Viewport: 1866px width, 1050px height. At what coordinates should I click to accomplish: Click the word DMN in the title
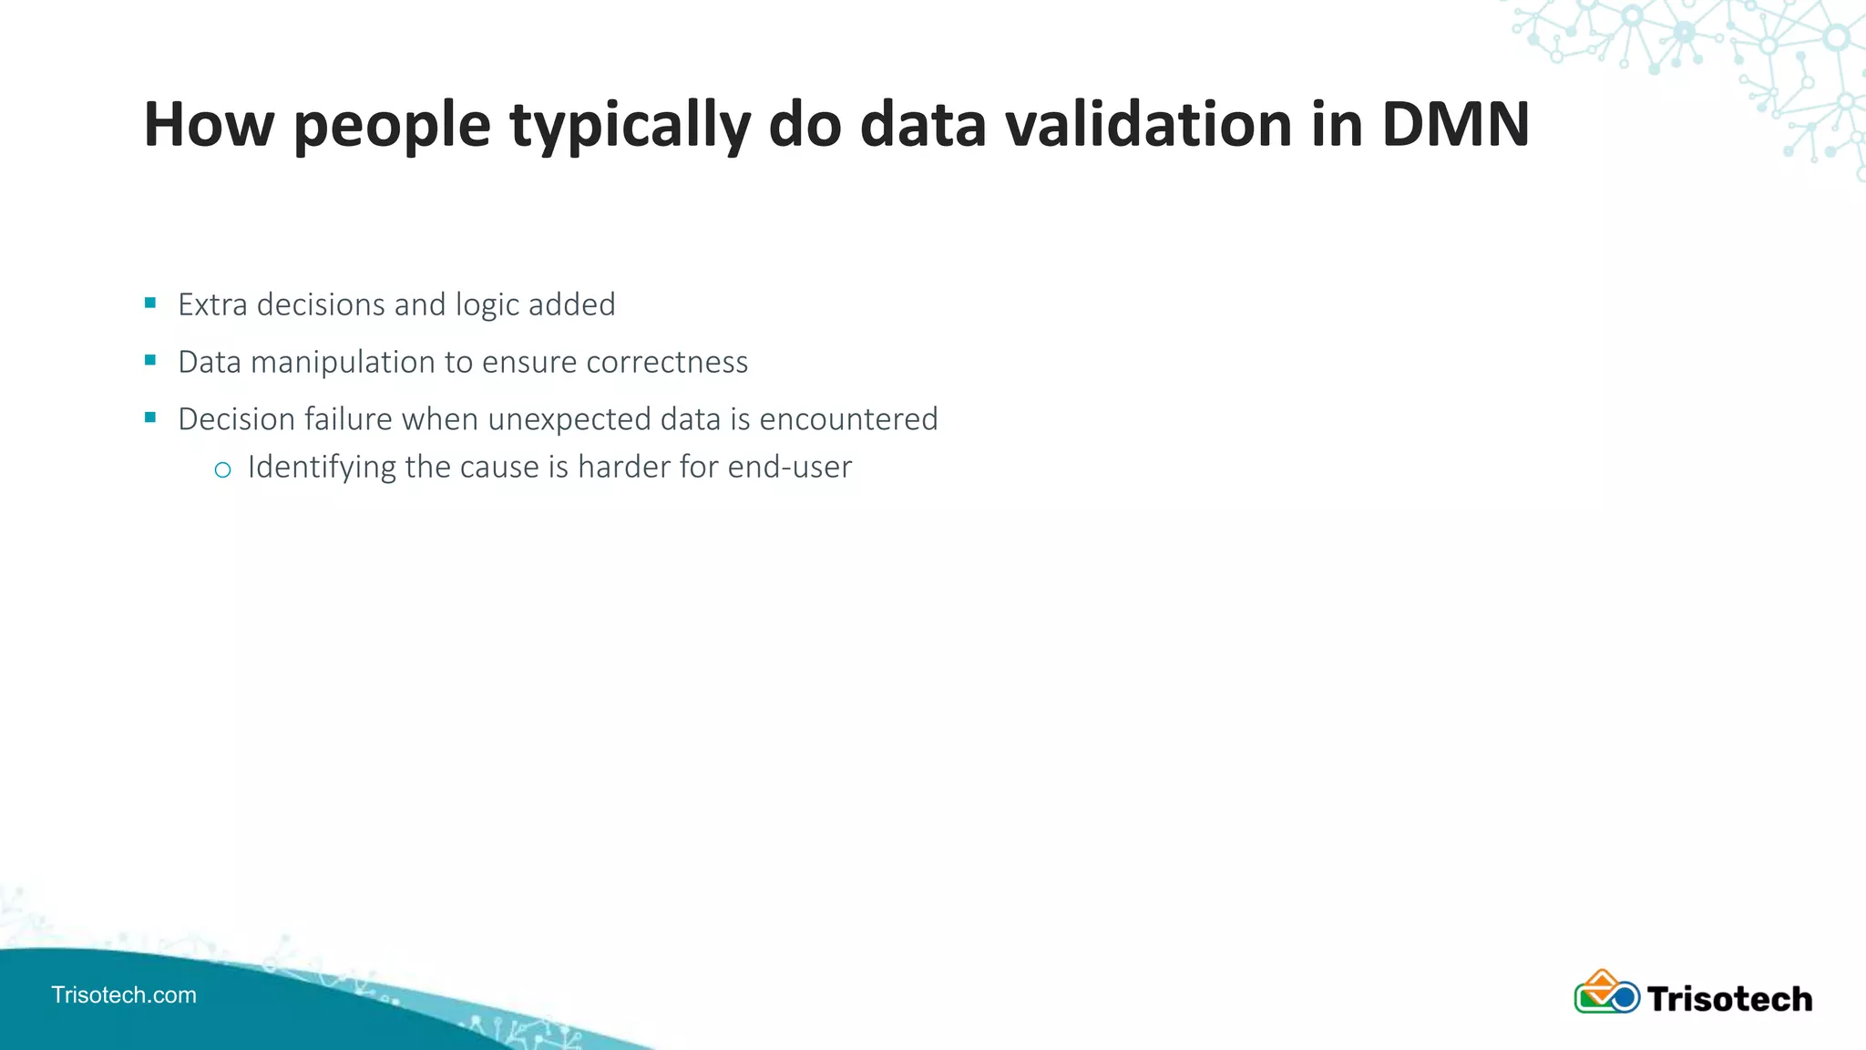(1455, 124)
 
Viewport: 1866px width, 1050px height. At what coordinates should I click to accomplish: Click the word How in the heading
(209, 124)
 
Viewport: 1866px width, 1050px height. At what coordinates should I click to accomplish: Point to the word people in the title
(392, 126)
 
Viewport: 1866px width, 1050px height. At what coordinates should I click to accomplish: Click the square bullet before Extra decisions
(150, 303)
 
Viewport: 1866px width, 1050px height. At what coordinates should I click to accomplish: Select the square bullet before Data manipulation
(150, 360)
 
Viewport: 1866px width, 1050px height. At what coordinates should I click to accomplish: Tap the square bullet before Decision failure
(150, 417)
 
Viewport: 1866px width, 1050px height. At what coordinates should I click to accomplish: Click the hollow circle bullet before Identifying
(222, 469)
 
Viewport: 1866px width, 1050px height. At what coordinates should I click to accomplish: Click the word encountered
(848, 419)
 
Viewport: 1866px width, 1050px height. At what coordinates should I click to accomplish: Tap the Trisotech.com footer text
(124, 994)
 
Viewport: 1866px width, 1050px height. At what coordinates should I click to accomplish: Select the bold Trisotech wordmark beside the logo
(1729, 999)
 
